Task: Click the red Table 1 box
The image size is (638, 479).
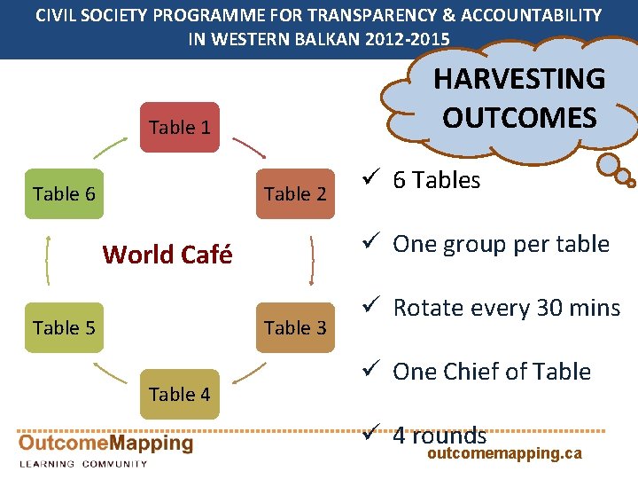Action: [x=180, y=128]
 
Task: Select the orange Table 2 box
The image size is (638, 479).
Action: [x=295, y=193]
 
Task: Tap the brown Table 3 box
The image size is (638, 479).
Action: [x=295, y=327]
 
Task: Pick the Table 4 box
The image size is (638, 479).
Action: [x=180, y=394]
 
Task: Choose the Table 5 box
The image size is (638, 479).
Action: [x=64, y=327]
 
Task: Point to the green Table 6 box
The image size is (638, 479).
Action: [x=64, y=193]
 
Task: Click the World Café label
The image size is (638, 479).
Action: [x=167, y=255]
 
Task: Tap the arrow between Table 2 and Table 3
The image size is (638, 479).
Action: [x=314, y=259]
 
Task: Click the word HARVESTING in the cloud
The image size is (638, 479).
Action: [x=518, y=79]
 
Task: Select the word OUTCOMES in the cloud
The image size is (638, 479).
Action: [x=519, y=118]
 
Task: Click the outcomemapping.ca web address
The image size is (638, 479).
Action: [x=504, y=453]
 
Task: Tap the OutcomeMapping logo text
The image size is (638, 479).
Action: [x=105, y=444]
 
